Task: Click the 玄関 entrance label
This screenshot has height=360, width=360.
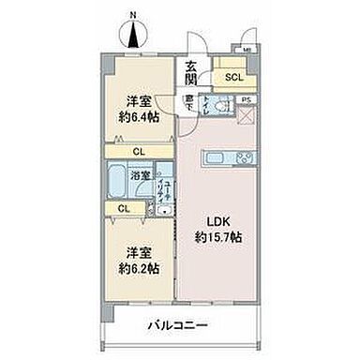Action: (x=191, y=71)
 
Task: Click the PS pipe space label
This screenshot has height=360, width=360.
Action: (x=247, y=99)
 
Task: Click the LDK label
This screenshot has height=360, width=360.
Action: (x=222, y=223)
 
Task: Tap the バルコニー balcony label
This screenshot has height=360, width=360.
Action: (x=176, y=326)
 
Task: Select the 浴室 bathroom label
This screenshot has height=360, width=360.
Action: (x=142, y=174)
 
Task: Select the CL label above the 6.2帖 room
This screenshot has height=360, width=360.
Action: (x=125, y=208)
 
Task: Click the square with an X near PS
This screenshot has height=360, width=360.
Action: (x=246, y=116)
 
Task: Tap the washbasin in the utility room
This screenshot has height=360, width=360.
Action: (x=165, y=209)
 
